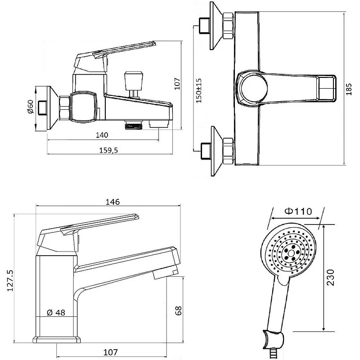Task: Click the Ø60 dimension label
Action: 31,107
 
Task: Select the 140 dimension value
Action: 102,135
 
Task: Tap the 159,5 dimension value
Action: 108,150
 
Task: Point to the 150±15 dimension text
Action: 199,90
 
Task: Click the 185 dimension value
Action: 349,89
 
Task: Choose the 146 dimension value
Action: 112,202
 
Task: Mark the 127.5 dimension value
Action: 10,280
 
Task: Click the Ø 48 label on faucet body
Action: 56,312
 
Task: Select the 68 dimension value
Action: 178,311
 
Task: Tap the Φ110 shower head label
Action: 298,211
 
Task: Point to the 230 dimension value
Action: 330,277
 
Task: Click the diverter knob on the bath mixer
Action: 134,81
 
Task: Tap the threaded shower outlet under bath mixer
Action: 134,126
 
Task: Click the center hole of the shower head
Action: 291,253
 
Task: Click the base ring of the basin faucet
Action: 57,340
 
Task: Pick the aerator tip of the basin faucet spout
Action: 165,273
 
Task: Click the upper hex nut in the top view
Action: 228,26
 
